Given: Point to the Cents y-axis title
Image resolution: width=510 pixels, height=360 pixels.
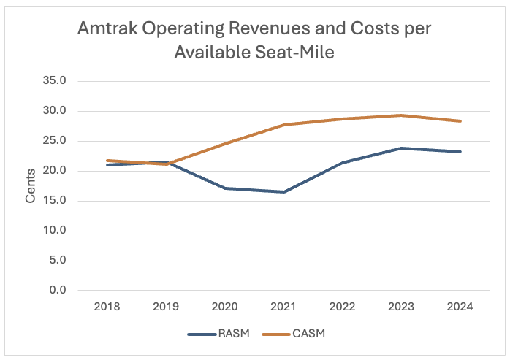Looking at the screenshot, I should click(31, 187).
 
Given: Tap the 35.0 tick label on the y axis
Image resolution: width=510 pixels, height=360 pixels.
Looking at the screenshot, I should click(56, 81).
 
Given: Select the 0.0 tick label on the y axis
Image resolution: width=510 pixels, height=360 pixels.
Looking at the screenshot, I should click(59, 290).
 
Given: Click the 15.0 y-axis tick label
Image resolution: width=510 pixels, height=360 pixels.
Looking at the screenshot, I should click(56, 201).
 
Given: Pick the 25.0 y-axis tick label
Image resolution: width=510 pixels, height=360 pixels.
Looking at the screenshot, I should click(56, 141).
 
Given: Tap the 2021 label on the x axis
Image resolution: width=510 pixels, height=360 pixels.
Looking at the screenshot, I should click(284, 307).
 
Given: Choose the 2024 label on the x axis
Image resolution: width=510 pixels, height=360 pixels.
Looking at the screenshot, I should click(460, 307).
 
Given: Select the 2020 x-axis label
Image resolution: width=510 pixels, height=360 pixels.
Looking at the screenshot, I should click(226, 307).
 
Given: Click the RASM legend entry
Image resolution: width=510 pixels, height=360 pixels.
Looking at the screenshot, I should click(231, 334).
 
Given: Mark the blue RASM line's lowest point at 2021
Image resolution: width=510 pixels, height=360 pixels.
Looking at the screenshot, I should click(284, 192).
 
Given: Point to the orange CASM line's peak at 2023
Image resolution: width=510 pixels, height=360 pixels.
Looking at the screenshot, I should click(401, 115).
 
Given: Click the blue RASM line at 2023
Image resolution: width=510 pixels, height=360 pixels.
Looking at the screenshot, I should click(401, 148).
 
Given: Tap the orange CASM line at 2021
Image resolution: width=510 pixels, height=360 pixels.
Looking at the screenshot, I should click(284, 125).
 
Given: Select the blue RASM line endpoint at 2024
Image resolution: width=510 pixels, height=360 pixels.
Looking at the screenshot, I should click(460, 152).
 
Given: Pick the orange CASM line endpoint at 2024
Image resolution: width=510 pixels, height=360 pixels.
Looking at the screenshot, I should click(460, 121).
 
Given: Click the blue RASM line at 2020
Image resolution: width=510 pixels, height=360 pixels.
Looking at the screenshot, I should click(226, 188).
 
